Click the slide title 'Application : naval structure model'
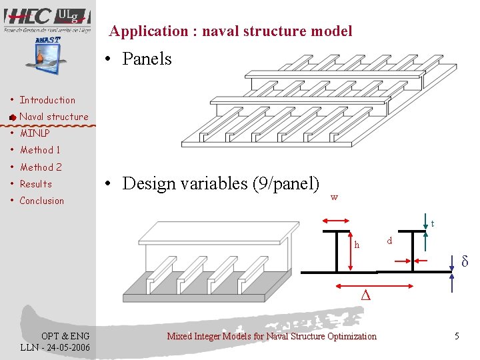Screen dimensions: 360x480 231,31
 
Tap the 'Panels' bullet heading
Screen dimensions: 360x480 147,59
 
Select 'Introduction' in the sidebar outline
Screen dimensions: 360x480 47,100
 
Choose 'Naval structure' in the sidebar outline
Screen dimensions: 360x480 53,117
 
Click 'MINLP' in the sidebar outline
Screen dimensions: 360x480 34,133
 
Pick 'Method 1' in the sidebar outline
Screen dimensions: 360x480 40,150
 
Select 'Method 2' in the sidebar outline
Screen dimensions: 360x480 41,167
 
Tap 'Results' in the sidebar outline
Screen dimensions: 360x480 35,184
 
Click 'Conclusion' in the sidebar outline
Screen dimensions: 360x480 41,201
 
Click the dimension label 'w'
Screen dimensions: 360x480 334,197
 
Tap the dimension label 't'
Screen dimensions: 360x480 433,223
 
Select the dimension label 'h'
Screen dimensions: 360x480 357,245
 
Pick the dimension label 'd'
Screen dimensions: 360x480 390,240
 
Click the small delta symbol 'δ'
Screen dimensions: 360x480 465,261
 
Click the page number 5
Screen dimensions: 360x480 457,336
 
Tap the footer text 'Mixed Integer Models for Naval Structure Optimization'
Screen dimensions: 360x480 271,336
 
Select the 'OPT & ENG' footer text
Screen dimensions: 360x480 56,336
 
